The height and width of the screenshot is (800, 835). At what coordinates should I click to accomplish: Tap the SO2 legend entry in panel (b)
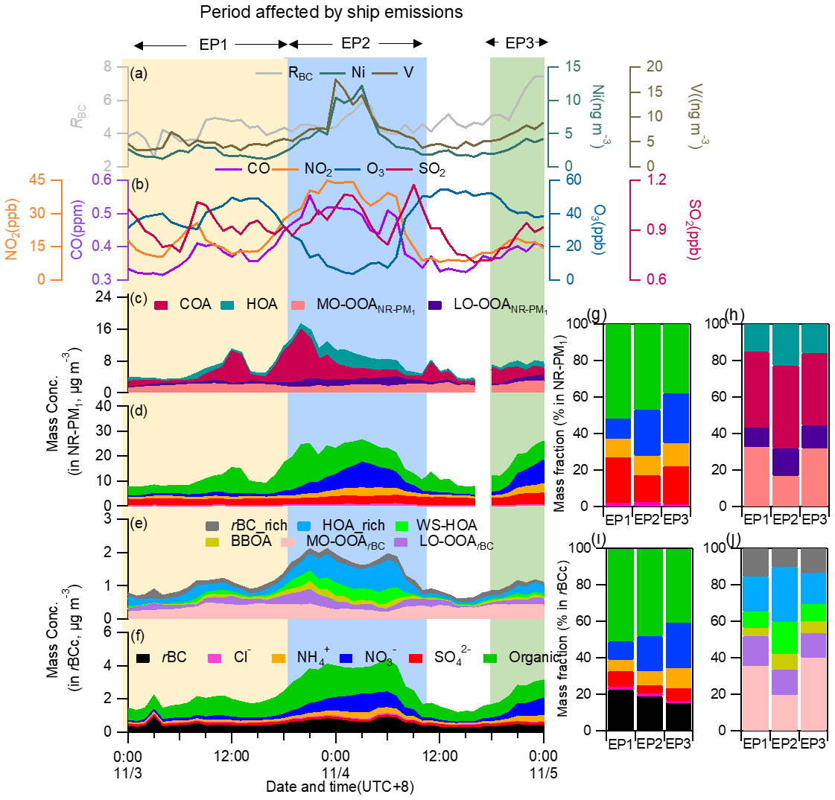pos(432,170)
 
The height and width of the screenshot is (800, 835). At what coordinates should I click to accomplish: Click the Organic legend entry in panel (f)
pos(533,658)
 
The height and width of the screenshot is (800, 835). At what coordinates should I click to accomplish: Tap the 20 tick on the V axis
pos(654,66)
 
